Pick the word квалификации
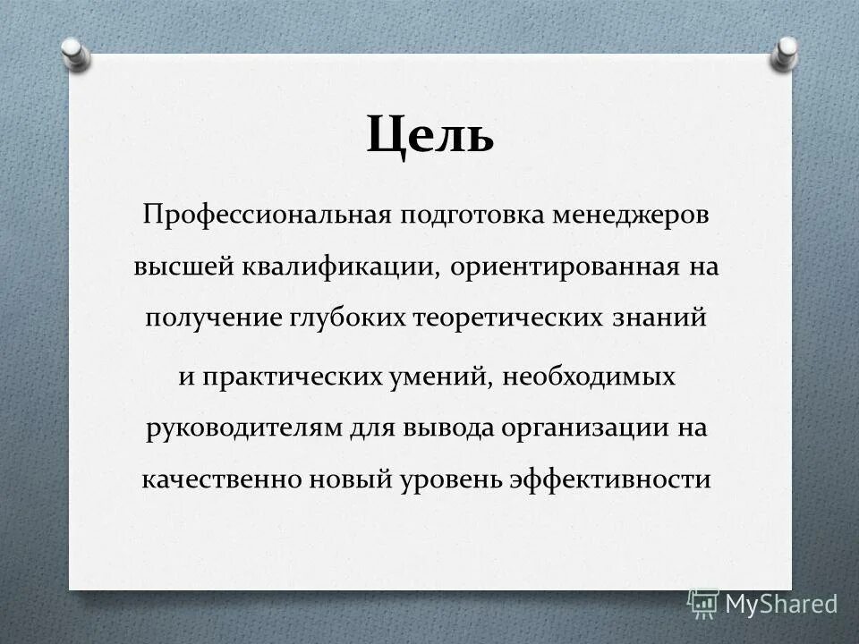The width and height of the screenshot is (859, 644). click(x=339, y=268)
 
